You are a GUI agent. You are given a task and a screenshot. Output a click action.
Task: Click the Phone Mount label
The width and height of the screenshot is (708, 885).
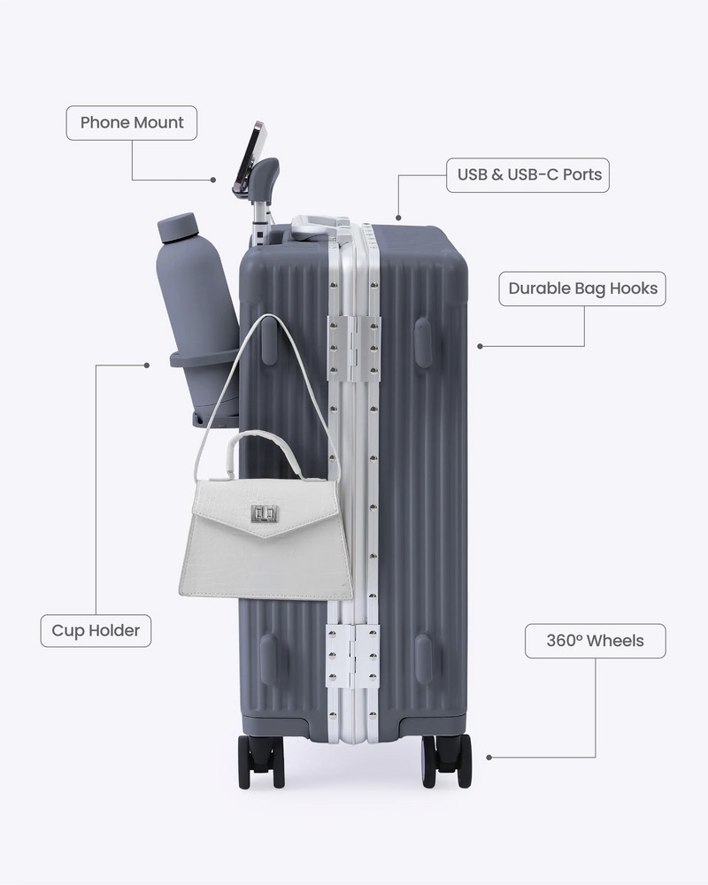tap(132, 122)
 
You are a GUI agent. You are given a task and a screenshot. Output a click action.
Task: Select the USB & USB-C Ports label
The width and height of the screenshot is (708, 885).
tap(527, 175)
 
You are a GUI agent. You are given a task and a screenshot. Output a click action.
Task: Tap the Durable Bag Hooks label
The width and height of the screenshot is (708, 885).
tap(582, 289)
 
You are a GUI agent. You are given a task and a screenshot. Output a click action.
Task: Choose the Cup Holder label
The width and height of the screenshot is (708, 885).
tap(96, 630)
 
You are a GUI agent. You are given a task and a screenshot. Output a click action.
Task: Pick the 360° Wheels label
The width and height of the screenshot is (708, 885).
tap(595, 641)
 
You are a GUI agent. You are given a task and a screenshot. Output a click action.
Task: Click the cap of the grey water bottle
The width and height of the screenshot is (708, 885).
tap(176, 227)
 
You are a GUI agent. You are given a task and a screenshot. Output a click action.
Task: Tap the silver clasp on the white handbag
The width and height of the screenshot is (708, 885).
tap(265, 513)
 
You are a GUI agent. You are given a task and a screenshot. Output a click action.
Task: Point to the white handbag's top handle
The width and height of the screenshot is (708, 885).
tap(264, 449)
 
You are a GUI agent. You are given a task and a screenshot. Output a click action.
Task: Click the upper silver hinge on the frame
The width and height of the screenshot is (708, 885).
tap(354, 347)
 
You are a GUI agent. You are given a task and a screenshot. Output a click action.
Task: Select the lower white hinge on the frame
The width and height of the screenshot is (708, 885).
tap(353, 657)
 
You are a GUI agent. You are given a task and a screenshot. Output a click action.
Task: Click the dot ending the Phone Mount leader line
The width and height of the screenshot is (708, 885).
tap(213, 180)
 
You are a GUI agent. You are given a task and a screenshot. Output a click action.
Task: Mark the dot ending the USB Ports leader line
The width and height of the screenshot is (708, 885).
tap(398, 218)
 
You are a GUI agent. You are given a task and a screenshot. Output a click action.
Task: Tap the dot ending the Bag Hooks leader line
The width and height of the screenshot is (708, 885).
tap(480, 346)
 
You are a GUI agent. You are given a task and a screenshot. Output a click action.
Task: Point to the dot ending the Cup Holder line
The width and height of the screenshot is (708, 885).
tap(147, 366)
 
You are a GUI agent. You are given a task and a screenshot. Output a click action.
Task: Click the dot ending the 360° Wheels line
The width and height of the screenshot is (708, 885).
tap(489, 758)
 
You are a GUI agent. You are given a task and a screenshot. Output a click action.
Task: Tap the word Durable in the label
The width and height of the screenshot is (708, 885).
tap(539, 289)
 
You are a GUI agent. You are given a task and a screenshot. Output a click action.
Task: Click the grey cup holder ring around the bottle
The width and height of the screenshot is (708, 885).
tap(204, 358)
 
